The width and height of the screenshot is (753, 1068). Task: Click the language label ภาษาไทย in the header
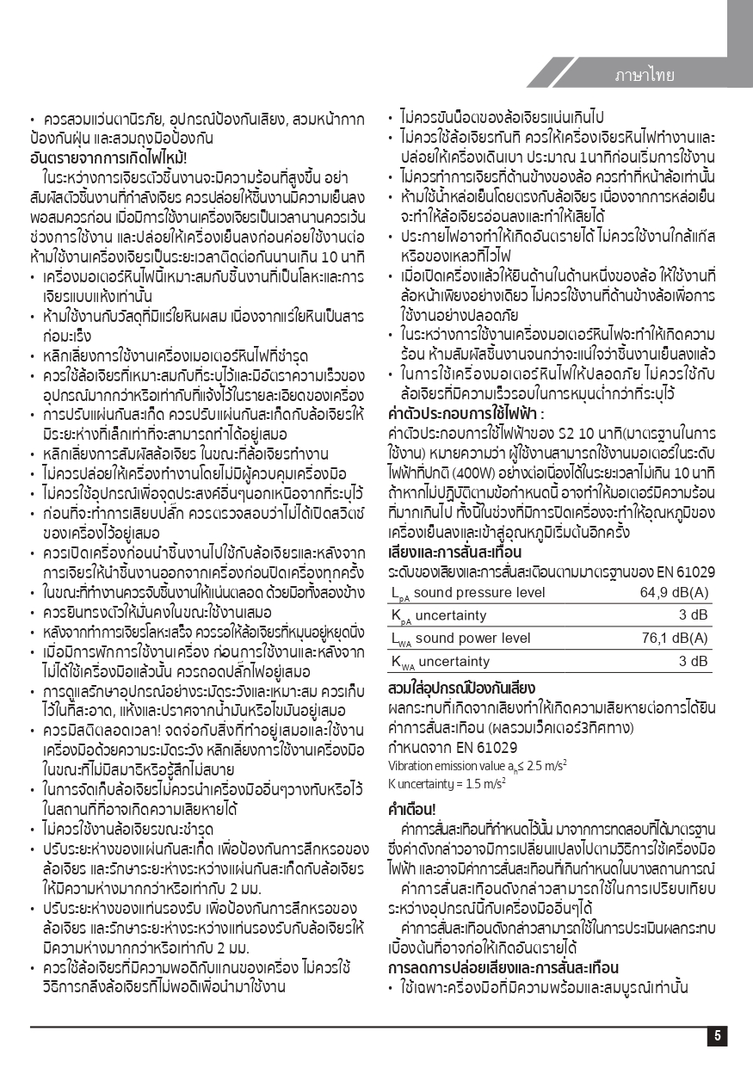click(x=645, y=75)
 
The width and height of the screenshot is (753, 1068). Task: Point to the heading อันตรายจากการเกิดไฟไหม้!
click(x=108, y=157)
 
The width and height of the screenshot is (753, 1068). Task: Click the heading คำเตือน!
click(x=412, y=810)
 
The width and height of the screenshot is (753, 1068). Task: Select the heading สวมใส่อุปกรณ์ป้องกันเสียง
click(x=462, y=688)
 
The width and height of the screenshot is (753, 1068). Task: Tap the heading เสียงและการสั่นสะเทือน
click(x=451, y=551)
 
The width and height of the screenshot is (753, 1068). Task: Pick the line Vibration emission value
click(x=477, y=766)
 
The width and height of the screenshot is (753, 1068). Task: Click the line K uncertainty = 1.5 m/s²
click(x=447, y=783)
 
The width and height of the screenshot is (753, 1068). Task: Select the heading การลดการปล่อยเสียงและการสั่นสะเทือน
click(x=503, y=967)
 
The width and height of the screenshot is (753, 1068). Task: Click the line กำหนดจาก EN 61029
click(x=453, y=747)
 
